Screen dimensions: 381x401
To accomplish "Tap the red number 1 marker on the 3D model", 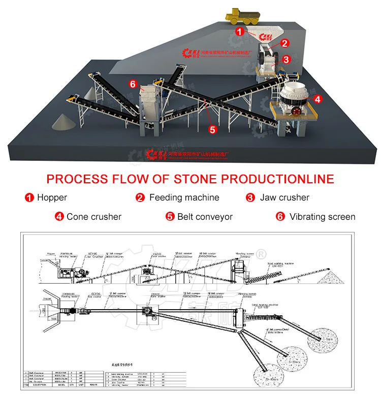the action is click(239, 31).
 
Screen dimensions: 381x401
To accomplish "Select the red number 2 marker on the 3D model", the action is click(284, 44).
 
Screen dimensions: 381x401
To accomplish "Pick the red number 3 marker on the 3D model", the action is click(286, 60).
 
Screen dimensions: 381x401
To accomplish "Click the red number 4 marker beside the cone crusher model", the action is click(317, 99).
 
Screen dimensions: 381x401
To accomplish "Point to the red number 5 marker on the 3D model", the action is click(212, 129).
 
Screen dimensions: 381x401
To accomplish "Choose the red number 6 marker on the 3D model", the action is click(133, 84).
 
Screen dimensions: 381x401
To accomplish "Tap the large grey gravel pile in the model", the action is click(66, 121).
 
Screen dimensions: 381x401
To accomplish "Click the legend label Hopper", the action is click(52, 197).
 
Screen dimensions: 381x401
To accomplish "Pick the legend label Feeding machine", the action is click(184, 197).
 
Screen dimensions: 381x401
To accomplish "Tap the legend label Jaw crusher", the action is click(284, 197).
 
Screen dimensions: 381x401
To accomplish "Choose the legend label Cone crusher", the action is click(94, 217).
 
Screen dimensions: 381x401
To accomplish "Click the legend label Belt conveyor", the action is click(205, 217).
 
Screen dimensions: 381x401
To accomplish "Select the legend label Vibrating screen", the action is click(322, 217).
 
